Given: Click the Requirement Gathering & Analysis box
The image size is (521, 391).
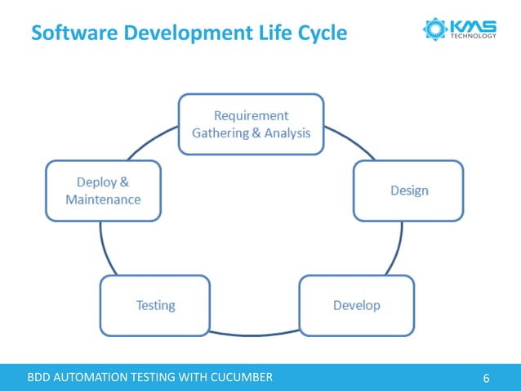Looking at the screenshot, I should click(x=251, y=124).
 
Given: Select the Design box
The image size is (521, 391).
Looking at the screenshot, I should click(x=407, y=191).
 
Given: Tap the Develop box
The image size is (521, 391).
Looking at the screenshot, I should click(x=357, y=305).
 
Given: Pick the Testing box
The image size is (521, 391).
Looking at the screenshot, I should click(x=155, y=305).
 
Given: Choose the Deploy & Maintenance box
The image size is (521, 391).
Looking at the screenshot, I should click(x=103, y=191).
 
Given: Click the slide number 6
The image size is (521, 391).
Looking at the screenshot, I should click(x=487, y=378).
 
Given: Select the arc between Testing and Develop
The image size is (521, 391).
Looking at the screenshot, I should click(x=255, y=333).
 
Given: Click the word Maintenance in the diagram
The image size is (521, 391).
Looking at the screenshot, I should click(x=103, y=200).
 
